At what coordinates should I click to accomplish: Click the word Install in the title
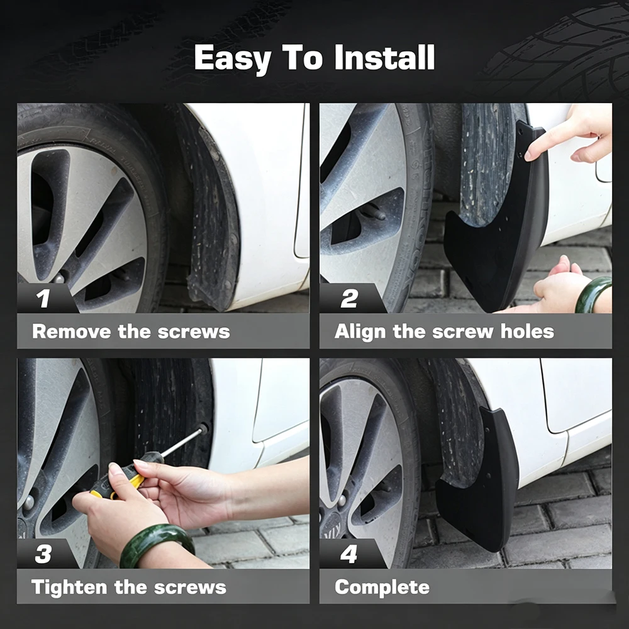pos(384,57)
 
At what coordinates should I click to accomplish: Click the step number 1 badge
pos(43,298)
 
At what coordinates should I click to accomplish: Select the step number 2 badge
pos(349,298)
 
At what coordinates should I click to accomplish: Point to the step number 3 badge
pos(43,554)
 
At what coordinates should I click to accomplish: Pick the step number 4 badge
pos(348,554)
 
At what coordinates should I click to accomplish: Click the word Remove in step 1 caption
pos(72,331)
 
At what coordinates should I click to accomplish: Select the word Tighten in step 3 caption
pos(69,587)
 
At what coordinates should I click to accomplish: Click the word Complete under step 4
pos(382,587)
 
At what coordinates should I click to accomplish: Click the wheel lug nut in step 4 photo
pos(342,500)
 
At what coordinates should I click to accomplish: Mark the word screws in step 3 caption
pos(190,587)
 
